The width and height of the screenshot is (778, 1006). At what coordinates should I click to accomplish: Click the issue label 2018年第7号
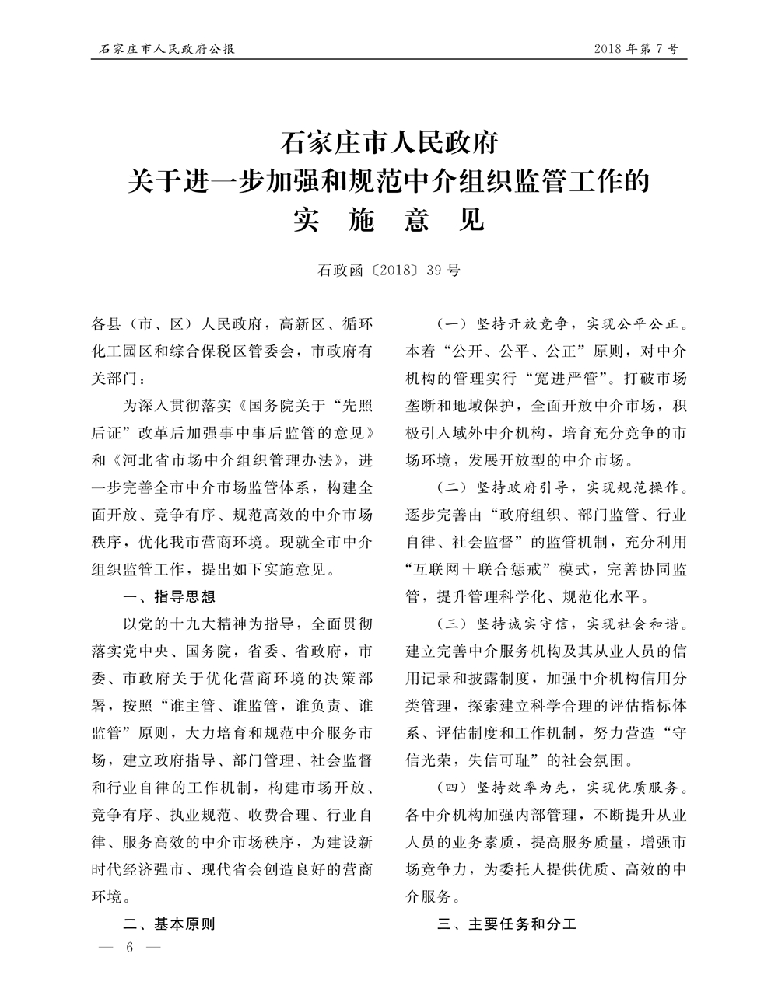click(636, 50)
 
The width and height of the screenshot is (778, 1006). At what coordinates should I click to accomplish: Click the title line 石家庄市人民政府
click(388, 145)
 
